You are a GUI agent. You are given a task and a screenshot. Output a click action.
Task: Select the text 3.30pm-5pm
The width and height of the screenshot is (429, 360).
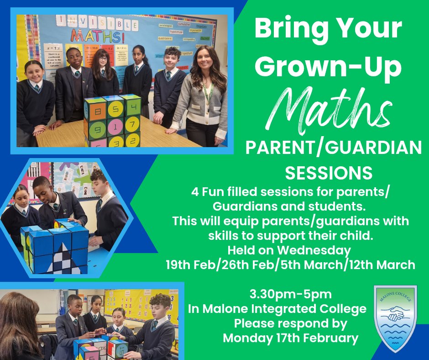(x=291, y=293)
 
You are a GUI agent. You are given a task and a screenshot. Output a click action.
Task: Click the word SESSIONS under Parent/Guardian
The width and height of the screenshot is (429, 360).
(x=329, y=173)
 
